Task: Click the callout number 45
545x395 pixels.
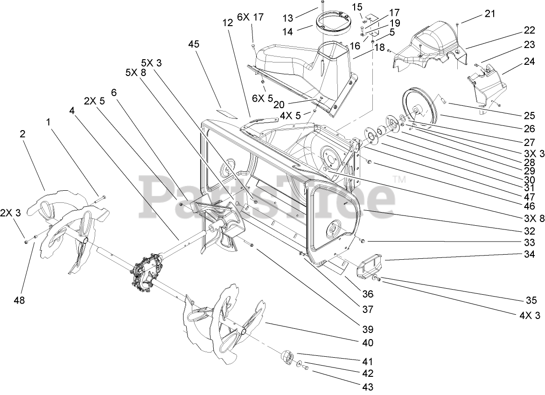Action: point(194,44)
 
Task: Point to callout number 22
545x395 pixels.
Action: point(529,30)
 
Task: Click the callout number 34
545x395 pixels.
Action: point(529,255)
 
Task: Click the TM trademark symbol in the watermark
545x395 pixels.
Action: point(398,179)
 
